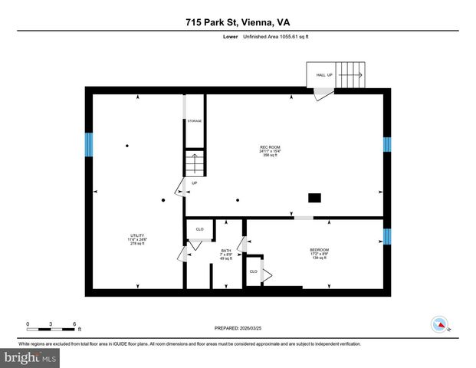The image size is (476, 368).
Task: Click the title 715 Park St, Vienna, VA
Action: [238, 23]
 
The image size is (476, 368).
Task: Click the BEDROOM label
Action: [320, 253]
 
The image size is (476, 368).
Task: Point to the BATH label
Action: [226, 254]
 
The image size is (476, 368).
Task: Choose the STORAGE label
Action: [195, 122]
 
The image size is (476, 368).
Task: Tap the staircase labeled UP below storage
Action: [194, 164]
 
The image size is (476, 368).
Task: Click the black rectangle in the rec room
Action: [314, 198]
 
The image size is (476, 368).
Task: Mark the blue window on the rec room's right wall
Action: [386, 144]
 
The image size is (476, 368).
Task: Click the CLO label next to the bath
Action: [199, 229]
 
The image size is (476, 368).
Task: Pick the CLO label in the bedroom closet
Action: [253, 271]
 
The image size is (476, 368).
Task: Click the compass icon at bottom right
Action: [440, 324]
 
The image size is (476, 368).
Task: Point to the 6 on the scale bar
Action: [74, 323]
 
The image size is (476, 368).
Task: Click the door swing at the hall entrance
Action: [323, 94]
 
